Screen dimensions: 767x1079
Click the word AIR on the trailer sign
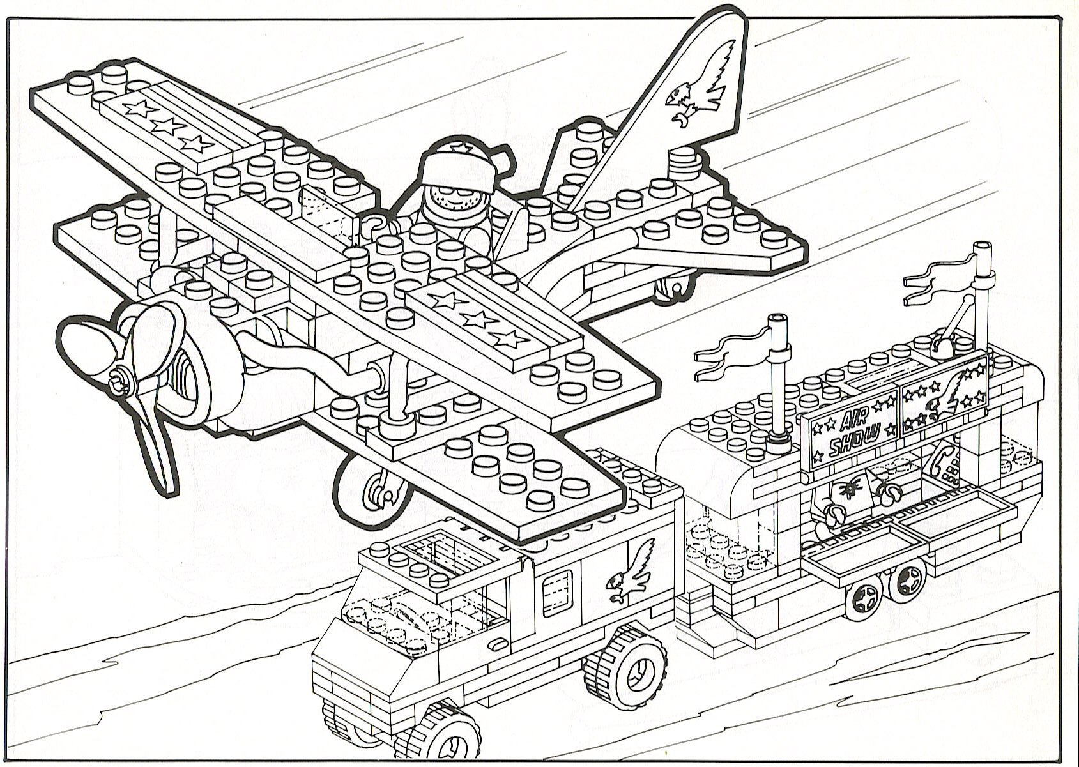pyautogui.click(x=851, y=421)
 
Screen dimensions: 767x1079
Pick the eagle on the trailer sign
pyautogui.click(x=950, y=396)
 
